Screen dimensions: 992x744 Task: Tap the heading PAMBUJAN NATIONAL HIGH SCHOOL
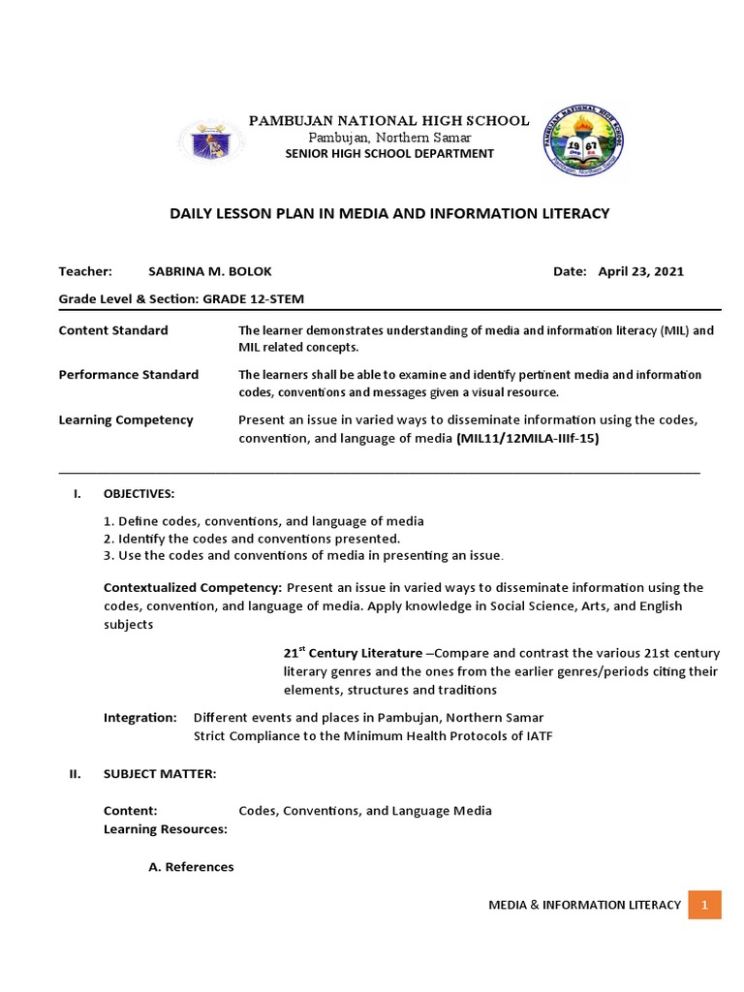389,120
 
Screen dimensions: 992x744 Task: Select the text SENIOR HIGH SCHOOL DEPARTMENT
389,154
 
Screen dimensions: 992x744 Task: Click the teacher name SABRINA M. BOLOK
202,271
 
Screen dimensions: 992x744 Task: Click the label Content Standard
113,330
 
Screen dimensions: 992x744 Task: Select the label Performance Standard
129,375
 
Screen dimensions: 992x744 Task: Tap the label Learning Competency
126,419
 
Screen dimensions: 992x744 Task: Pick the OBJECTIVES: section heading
139,494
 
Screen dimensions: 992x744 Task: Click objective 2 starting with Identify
252,539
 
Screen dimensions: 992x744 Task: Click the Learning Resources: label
166,829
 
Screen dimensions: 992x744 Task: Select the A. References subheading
191,867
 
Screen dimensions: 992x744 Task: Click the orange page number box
704,905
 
